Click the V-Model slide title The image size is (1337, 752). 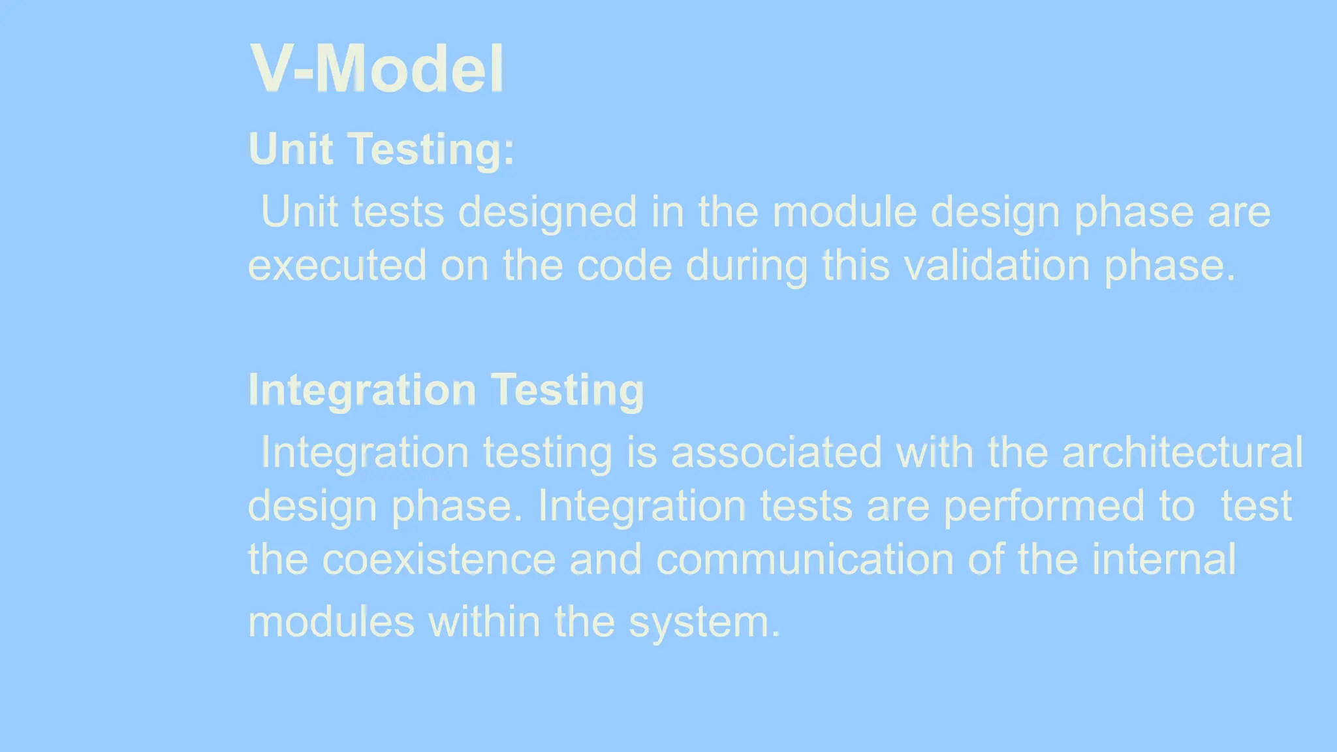tap(377, 69)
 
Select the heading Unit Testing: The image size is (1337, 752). tap(381, 149)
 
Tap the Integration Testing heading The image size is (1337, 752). tap(446, 390)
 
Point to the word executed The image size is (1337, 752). tap(337, 266)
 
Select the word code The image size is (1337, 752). tap(624, 266)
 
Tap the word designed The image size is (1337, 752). tap(547, 213)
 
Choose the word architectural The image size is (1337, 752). tap(1182, 452)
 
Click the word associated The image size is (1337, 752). tap(776, 452)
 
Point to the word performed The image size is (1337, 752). tap(1044, 506)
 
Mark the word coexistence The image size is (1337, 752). tap(439, 559)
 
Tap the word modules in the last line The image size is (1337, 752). tap(331, 621)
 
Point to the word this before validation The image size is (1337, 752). tap(855, 266)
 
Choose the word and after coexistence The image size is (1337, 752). tap(605, 559)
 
